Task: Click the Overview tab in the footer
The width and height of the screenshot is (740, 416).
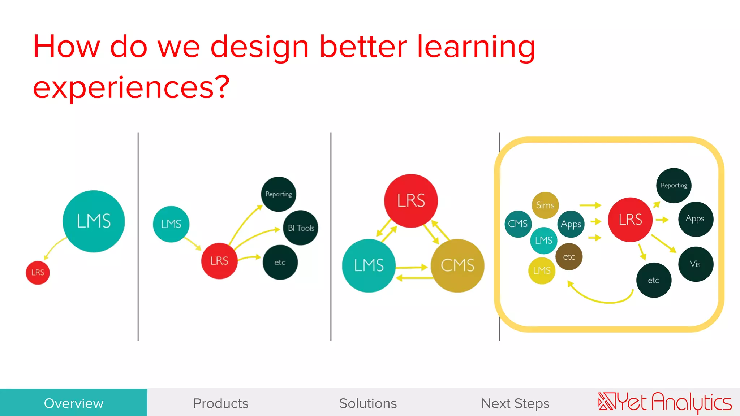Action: point(73,403)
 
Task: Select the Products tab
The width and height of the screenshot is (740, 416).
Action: point(221,403)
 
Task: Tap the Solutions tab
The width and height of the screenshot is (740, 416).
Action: point(368,403)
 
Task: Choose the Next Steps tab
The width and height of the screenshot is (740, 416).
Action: point(515,403)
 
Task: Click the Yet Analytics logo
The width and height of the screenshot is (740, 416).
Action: point(665,402)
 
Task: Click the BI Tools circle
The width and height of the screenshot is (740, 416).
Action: point(301,228)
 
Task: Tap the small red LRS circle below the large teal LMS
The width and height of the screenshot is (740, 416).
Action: point(38,273)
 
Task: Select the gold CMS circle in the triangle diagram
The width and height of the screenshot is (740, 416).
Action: point(457,265)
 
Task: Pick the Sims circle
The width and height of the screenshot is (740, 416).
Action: point(545,205)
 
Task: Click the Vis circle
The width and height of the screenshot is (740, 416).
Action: point(696,264)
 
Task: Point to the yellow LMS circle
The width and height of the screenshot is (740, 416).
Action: point(541,270)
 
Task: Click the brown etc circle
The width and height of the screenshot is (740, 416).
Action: point(569,257)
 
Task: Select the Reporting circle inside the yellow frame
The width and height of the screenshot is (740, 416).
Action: point(674,185)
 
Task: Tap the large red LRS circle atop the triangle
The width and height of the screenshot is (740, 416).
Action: point(411,201)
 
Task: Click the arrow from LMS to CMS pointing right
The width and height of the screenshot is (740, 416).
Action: point(412,268)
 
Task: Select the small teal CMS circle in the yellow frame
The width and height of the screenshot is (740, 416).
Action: point(517,224)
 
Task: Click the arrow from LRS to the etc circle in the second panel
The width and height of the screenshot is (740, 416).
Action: point(249,258)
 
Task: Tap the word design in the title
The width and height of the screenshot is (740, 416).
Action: point(259,47)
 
